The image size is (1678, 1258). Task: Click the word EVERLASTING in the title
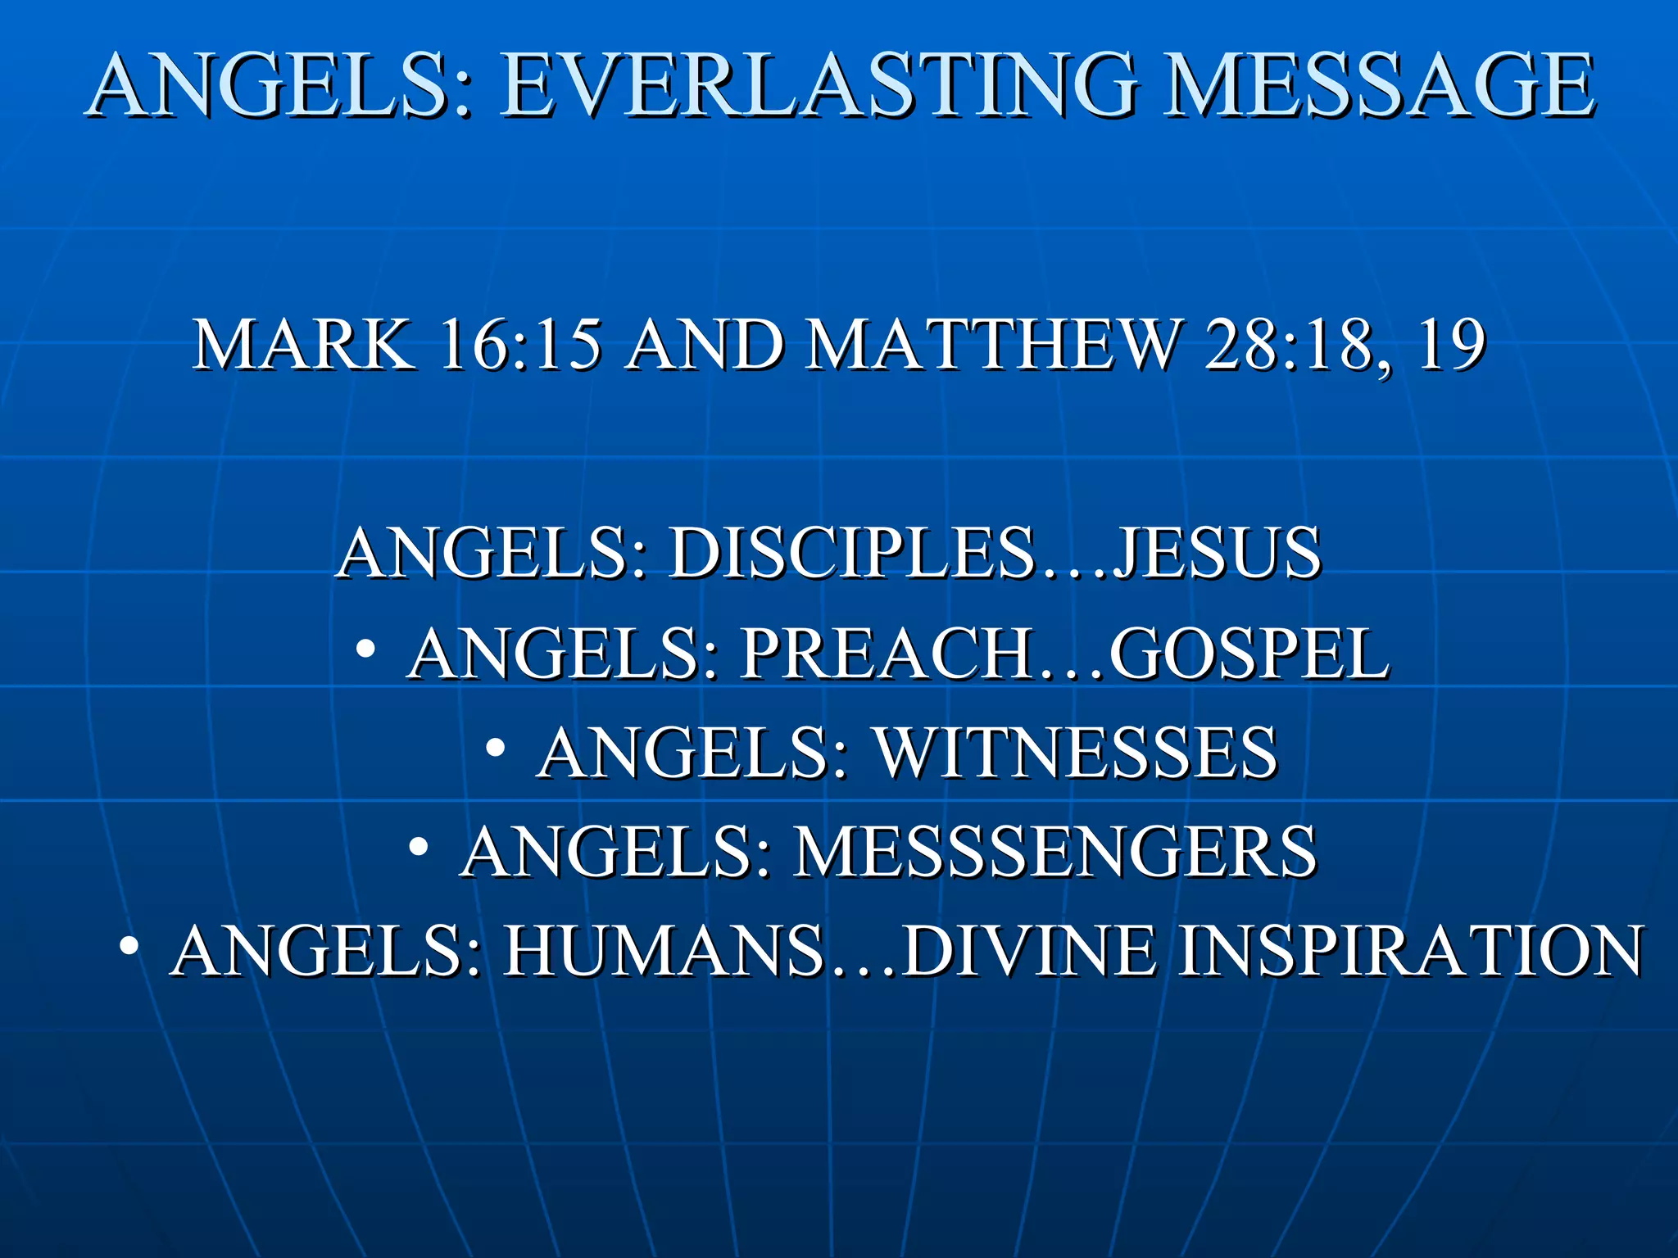coord(819,86)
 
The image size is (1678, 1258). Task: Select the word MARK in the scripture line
coord(303,346)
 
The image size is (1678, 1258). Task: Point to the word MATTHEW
coord(992,346)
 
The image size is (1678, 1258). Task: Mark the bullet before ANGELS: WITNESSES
coord(495,748)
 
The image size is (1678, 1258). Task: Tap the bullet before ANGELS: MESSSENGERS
coord(419,847)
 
